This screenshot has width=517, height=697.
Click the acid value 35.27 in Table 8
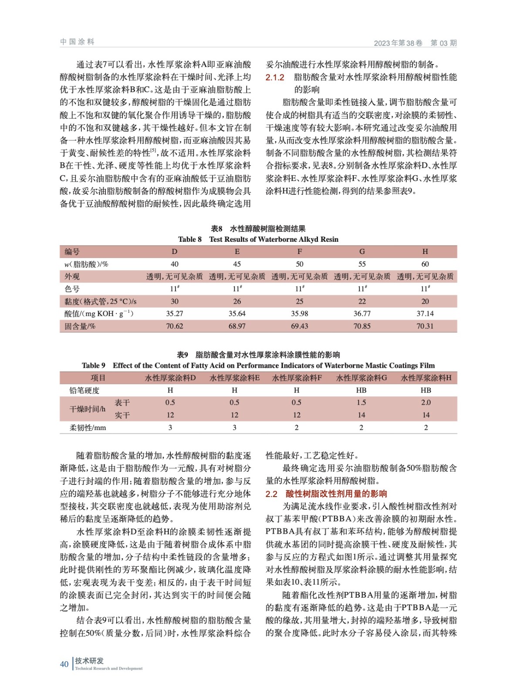click(174, 314)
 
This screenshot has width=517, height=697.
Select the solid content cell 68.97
click(237, 326)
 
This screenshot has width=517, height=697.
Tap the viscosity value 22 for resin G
click(362, 301)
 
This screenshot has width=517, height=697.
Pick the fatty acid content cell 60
click(425, 264)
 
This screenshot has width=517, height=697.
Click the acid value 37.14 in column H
click(425, 314)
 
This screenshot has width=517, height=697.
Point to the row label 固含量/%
click(80, 326)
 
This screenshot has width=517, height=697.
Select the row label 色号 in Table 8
click(72, 289)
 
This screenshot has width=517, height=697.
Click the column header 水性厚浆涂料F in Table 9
click(297, 378)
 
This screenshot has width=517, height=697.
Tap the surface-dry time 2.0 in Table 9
click(426, 403)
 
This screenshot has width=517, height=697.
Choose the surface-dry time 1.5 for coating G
click(361, 403)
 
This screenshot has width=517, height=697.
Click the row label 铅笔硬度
click(84, 390)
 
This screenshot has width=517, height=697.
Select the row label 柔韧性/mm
click(88, 428)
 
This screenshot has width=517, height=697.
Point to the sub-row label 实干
click(122, 415)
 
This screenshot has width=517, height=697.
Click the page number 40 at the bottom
click(64, 664)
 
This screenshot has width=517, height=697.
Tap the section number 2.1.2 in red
click(275, 78)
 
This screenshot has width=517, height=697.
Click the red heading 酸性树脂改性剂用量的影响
click(336, 494)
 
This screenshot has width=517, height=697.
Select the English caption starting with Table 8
click(258, 239)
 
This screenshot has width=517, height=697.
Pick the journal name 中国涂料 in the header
click(77, 42)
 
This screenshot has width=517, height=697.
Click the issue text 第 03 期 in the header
click(443, 43)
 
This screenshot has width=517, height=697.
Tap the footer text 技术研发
click(89, 661)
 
